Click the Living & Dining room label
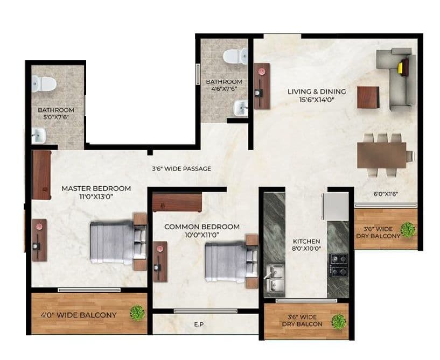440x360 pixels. [316, 91]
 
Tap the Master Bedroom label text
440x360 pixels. [96, 188]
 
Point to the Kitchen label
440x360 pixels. [306, 241]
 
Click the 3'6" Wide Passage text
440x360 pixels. [181, 168]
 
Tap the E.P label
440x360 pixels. [199, 324]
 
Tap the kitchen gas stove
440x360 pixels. [340, 264]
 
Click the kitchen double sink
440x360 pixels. [275, 276]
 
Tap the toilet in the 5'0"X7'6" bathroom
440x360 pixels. [44, 83]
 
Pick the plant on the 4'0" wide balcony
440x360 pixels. [138, 312]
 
